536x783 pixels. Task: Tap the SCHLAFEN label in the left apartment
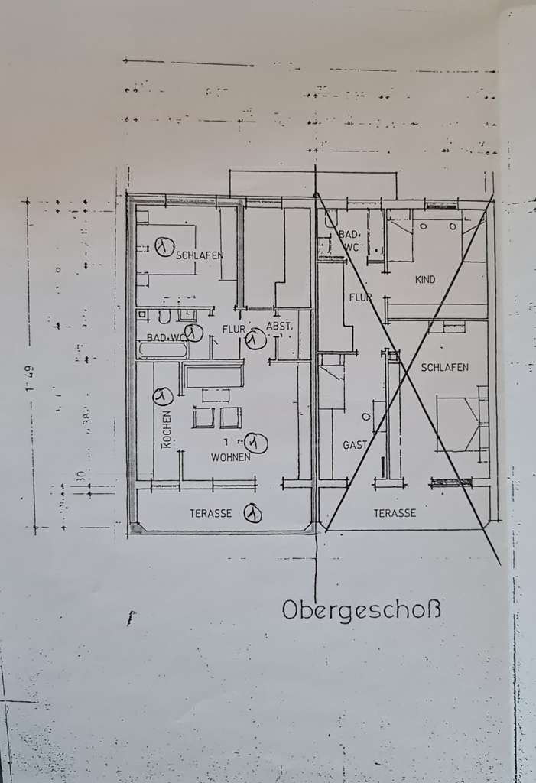tap(199, 255)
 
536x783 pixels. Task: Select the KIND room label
tap(425, 280)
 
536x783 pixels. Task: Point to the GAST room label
tap(355, 444)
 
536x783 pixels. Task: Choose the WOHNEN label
tap(231, 456)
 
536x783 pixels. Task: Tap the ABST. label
tap(278, 328)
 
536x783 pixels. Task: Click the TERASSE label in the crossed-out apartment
tap(395, 513)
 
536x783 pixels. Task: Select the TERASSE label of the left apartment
tap(210, 514)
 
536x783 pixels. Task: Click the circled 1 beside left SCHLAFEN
tap(162, 246)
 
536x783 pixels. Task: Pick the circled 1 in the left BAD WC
tap(193, 333)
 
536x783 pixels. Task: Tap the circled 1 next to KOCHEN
tap(161, 396)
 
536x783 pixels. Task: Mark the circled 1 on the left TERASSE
tap(252, 514)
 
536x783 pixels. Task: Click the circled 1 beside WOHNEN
tap(257, 442)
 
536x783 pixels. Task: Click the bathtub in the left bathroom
tap(162, 350)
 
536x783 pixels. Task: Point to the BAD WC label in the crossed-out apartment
tap(349, 240)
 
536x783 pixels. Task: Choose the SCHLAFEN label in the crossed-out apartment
tap(444, 367)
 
